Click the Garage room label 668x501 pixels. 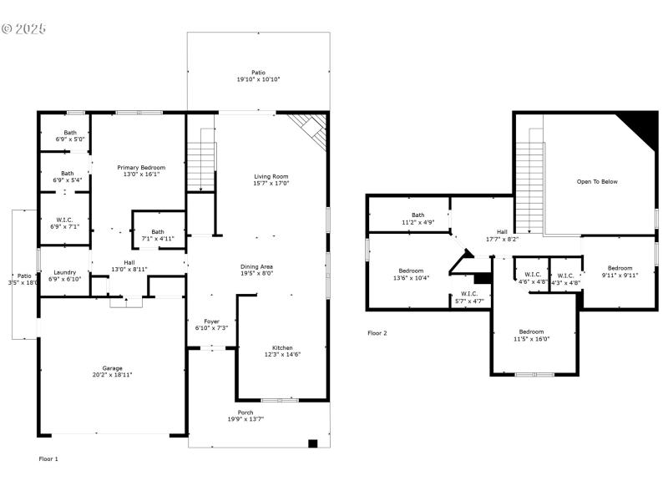pyautogui.click(x=113, y=368)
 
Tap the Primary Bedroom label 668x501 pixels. pyautogui.click(x=141, y=168)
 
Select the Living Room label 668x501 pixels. pyautogui.click(x=271, y=176)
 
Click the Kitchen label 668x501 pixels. pyautogui.click(x=282, y=348)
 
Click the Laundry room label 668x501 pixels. pyautogui.click(x=65, y=272)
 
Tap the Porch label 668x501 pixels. pyautogui.click(x=245, y=412)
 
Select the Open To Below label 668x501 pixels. pyautogui.click(x=597, y=181)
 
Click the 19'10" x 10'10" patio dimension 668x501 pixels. pyautogui.click(x=258, y=79)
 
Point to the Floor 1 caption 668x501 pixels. pyautogui.click(x=49, y=458)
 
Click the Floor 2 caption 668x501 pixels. pyautogui.click(x=377, y=332)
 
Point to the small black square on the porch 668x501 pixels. pyautogui.click(x=313, y=443)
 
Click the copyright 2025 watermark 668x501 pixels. pyautogui.click(x=23, y=29)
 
